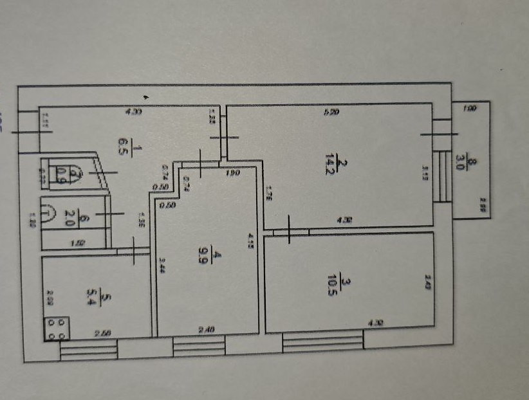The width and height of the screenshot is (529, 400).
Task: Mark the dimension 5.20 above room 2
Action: tap(330, 113)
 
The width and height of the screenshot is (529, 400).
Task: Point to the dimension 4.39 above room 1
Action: tap(135, 112)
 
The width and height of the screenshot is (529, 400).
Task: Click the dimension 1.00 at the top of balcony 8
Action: tap(470, 110)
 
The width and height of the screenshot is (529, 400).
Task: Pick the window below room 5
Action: tap(89, 350)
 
